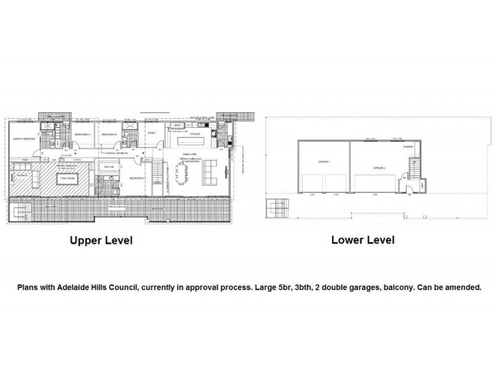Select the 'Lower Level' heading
point(363,239)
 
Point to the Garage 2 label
point(379,167)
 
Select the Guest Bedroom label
point(22,140)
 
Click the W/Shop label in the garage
point(407,146)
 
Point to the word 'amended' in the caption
point(465,288)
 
